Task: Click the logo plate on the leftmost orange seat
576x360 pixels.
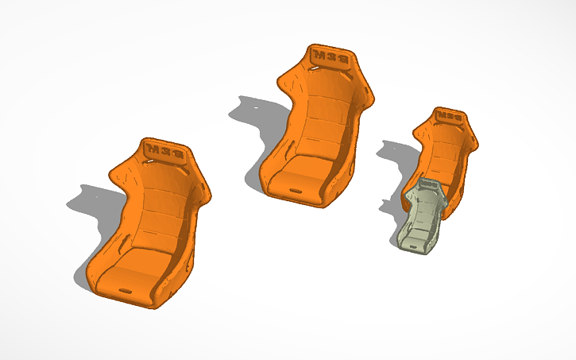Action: click(x=165, y=150)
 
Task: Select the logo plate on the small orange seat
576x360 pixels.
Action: click(x=449, y=116)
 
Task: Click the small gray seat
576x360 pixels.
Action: click(x=421, y=219)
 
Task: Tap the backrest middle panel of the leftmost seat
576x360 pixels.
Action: click(x=159, y=207)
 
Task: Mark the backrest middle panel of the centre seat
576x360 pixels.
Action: click(x=323, y=111)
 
